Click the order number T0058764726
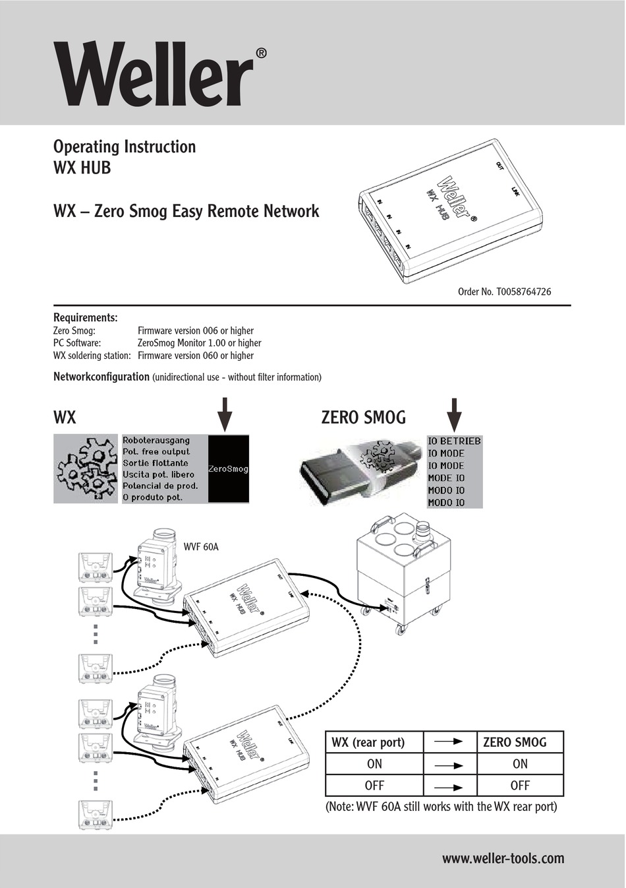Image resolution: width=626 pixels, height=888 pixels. coord(504,291)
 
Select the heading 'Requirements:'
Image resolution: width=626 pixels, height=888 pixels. coord(85,317)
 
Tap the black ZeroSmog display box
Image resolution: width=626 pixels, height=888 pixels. coord(228,469)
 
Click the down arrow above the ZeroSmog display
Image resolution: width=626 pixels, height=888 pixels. coord(225,414)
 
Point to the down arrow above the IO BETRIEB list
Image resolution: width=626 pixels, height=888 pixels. coord(454,414)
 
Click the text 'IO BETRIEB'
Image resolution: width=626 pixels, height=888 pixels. coord(454,441)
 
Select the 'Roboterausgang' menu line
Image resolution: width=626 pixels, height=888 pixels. coord(156,440)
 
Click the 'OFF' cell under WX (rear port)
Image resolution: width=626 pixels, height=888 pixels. coord(374,786)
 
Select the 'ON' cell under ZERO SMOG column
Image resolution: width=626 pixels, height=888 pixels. coord(519,764)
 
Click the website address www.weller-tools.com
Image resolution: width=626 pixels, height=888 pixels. coord(503,858)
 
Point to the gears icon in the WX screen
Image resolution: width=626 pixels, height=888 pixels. coord(87,469)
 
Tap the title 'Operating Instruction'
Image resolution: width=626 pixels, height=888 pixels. coord(124,146)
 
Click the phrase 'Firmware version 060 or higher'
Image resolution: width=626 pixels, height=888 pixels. coord(195,356)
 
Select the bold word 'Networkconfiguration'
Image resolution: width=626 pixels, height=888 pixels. coord(101,377)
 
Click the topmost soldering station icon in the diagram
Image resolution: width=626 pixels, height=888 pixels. coord(96,567)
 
